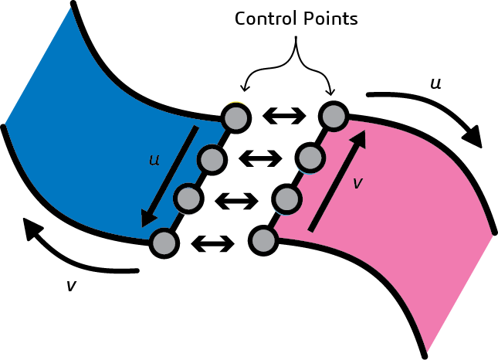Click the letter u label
tap(154, 160)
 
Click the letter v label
tap(357, 183)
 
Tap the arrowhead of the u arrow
tap(147, 222)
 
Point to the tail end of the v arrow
tap(311, 229)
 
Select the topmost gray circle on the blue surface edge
tap(235, 118)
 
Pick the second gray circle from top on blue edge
tap(211, 160)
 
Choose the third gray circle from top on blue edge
tap(188, 199)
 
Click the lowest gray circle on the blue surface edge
tap(164, 243)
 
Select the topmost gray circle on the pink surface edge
tap(334, 117)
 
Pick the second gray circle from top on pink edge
tap(310, 158)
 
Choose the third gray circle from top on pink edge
tap(286, 199)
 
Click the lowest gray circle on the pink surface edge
tap(263, 240)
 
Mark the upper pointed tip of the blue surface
tap(71, 8)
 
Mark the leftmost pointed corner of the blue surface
tap(5, 122)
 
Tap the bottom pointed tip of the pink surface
tap(427, 352)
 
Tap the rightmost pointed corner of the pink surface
tap(492, 234)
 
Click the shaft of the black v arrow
tap(334, 185)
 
